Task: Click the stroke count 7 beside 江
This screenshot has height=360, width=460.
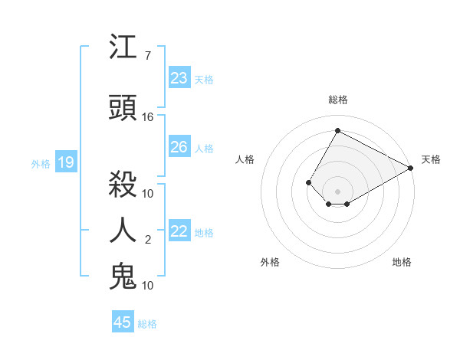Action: tap(147, 56)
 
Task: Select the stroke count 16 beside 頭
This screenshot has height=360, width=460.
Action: tap(148, 117)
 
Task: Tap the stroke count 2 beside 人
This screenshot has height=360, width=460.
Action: tap(147, 240)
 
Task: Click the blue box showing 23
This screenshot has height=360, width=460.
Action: tap(179, 78)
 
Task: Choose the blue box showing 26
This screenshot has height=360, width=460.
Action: tap(179, 147)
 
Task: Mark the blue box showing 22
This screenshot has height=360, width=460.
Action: tap(179, 232)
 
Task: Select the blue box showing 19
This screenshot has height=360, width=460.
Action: tap(65, 162)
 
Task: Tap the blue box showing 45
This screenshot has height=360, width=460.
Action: tap(123, 322)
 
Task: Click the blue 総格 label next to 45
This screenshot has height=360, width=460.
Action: tap(147, 324)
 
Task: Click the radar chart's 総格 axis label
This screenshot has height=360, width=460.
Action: tap(337, 100)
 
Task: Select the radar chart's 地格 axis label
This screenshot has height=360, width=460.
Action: tap(402, 262)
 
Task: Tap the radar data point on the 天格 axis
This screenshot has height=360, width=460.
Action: tap(411, 168)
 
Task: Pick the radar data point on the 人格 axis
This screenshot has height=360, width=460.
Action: tap(308, 182)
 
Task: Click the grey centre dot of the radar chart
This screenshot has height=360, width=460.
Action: tap(337, 191)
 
